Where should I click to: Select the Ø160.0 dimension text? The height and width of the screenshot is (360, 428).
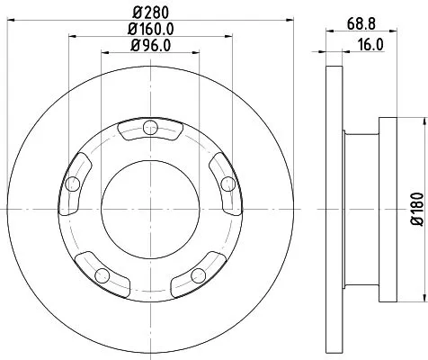click(149, 29)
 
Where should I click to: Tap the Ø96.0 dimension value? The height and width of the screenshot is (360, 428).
click(149, 45)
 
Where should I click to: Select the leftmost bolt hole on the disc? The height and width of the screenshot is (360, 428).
click(73, 185)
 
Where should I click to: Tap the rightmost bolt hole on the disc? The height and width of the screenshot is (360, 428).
click(227, 184)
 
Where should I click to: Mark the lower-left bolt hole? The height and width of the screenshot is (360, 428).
click(102, 274)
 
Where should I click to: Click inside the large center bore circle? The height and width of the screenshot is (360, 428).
click(149, 206)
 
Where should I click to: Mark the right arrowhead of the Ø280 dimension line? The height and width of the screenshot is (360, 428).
click(276, 19)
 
